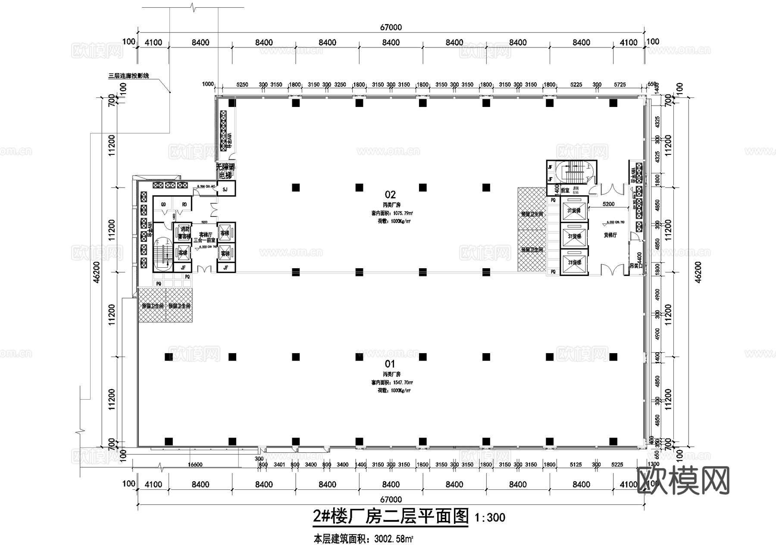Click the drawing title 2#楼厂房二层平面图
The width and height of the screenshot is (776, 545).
pyautogui.click(x=390, y=516)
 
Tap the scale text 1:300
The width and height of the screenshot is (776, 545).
pyautogui.click(x=489, y=517)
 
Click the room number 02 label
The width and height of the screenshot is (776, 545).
pyautogui.click(x=390, y=194)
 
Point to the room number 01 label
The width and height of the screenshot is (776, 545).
pyautogui.click(x=390, y=364)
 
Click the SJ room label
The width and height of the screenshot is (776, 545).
pyautogui.click(x=225, y=189)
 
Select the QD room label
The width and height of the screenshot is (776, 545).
pyautogui.click(x=163, y=204)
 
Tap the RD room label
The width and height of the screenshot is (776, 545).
pyautogui.click(x=184, y=204)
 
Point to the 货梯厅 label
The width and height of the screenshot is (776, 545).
pyautogui.click(x=610, y=235)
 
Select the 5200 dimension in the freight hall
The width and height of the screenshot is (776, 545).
pyautogui.click(x=608, y=204)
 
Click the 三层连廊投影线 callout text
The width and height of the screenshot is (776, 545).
pyautogui.click(x=128, y=76)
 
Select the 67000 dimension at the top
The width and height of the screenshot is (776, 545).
pyautogui.click(x=391, y=28)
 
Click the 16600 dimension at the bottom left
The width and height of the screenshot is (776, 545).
pyautogui.click(x=195, y=464)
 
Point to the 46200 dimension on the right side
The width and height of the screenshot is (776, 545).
pyautogui.click(x=698, y=272)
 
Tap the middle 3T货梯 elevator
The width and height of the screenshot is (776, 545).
pyautogui.click(x=574, y=236)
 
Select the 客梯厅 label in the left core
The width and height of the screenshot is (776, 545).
pyautogui.click(x=205, y=234)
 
